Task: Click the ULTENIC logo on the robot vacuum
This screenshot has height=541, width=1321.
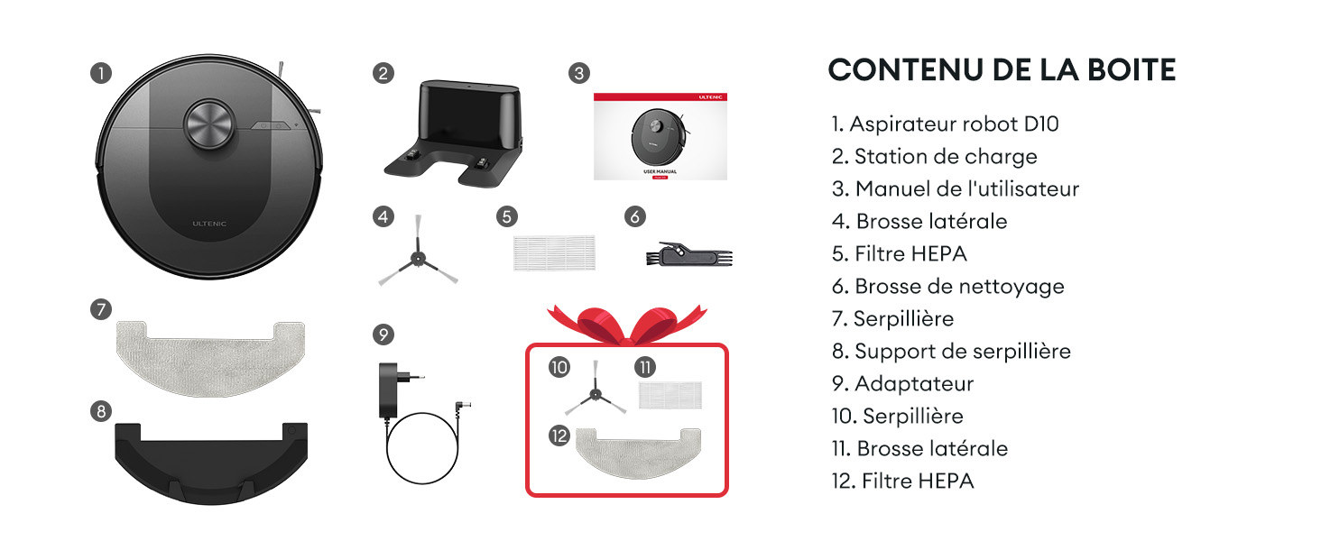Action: [209, 224]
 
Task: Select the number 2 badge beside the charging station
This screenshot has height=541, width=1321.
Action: [383, 74]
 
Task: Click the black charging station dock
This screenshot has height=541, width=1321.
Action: [453, 133]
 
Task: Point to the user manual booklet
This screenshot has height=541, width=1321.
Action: [660, 136]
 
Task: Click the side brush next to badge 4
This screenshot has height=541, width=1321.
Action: [418, 251]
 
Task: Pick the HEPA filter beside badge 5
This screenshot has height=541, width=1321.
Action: [554, 252]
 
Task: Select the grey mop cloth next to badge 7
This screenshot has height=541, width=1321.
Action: [210, 358]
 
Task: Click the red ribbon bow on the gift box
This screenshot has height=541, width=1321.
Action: [627, 324]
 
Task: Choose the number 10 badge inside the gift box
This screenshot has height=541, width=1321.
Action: [559, 368]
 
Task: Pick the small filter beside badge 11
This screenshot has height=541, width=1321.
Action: [670, 395]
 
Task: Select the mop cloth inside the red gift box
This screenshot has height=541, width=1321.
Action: [638, 453]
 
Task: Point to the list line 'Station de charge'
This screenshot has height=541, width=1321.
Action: [934, 157]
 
